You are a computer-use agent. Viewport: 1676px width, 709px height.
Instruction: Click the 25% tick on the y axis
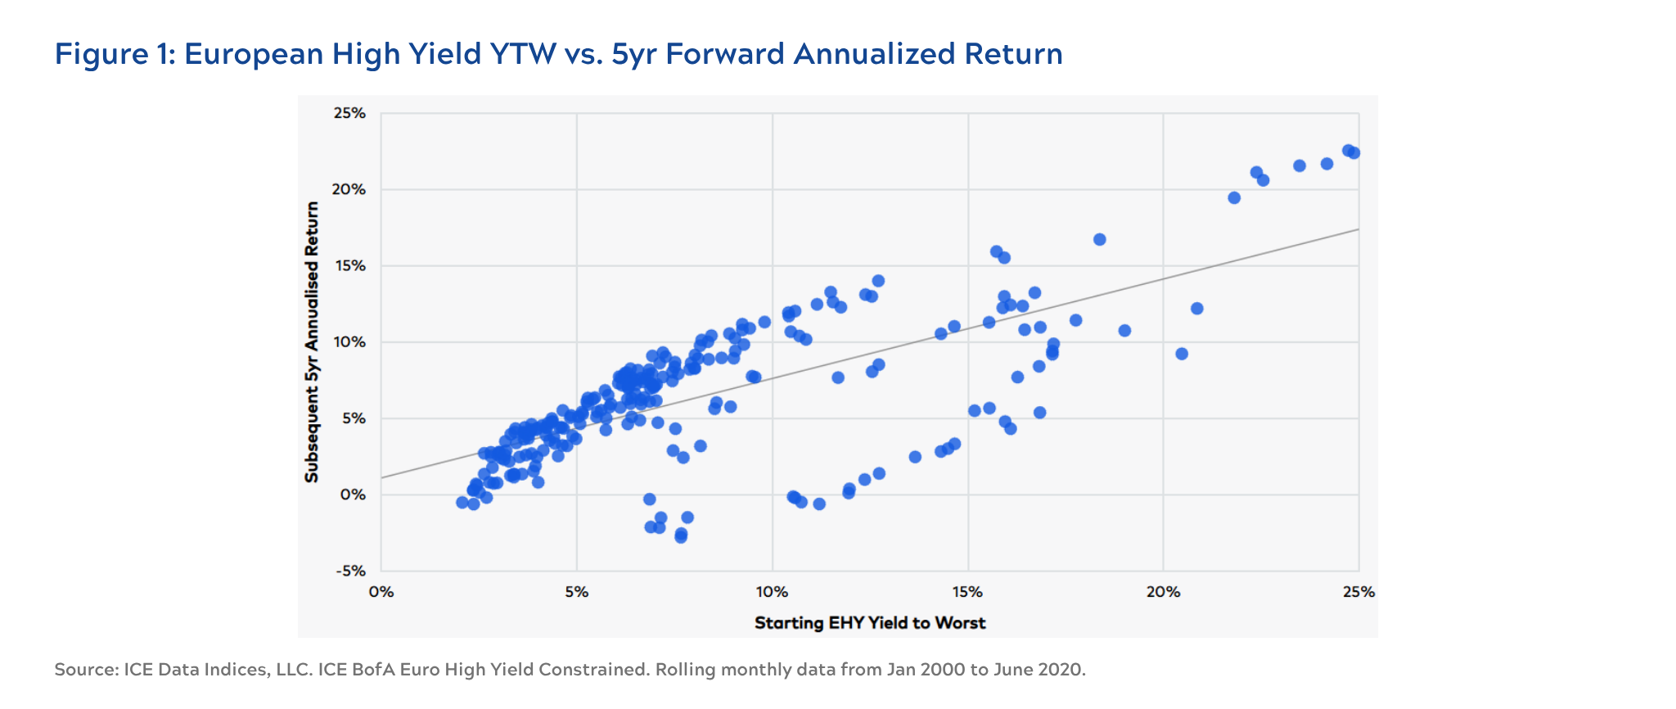point(349,113)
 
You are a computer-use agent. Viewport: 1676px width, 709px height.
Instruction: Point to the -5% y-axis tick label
point(349,571)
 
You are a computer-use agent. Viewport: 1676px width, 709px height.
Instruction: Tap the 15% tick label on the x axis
point(968,592)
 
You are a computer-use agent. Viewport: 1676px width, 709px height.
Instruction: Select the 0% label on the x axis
point(381,592)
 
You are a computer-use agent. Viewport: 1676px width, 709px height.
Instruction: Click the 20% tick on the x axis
point(1163,592)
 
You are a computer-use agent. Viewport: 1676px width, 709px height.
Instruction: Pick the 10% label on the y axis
point(349,342)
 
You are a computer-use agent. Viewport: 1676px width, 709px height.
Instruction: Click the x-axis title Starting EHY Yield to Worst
point(870,623)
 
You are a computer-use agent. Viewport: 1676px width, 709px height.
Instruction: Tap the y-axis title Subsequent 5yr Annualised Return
point(312,342)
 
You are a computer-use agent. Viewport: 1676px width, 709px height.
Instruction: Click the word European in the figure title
point(253,54)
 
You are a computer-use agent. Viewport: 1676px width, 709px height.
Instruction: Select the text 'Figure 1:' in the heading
point(115,54)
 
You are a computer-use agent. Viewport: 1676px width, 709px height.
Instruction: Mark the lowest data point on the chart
point(681,537)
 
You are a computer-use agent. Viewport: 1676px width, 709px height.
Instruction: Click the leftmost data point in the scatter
point(462,503)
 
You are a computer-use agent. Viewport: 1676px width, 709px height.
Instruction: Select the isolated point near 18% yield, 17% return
point(1100,240)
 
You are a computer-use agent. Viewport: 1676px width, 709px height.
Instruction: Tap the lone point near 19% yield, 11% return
point(1124,331)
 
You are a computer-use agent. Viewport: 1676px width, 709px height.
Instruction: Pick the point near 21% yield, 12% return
point(1197,309)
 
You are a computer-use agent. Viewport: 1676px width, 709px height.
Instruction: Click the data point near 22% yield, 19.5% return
point(1235,198)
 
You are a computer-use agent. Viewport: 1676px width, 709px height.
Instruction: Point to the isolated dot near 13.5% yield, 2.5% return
point(916,457)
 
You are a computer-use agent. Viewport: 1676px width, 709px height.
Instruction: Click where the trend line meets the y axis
point(381,478)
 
